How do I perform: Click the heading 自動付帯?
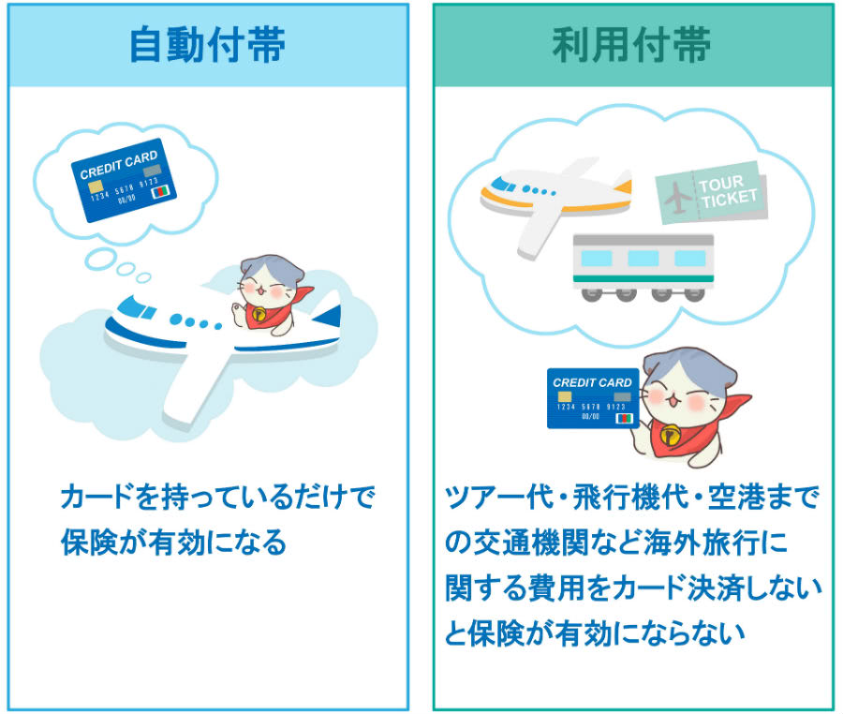[x=208, y=45]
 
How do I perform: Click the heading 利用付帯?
[x=631, y=45]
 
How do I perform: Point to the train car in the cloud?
[x=643, y=265]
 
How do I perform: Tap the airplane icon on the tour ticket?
[x=677, y=197]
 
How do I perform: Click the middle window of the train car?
[x=643, y=257]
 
